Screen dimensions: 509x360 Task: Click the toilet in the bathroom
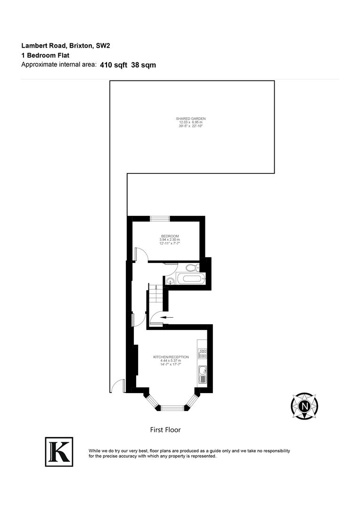pos(191,268)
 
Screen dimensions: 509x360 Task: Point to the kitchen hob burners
pos(203,354)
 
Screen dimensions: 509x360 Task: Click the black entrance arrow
pos(165,318)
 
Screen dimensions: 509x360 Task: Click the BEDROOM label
pos(170,236)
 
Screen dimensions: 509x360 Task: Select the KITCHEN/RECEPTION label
pos(171,357)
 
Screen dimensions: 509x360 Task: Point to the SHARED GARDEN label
pos(191,118)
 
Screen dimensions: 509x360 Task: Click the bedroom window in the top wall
pos(160,218)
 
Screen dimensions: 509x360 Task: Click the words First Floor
pos(165,430)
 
